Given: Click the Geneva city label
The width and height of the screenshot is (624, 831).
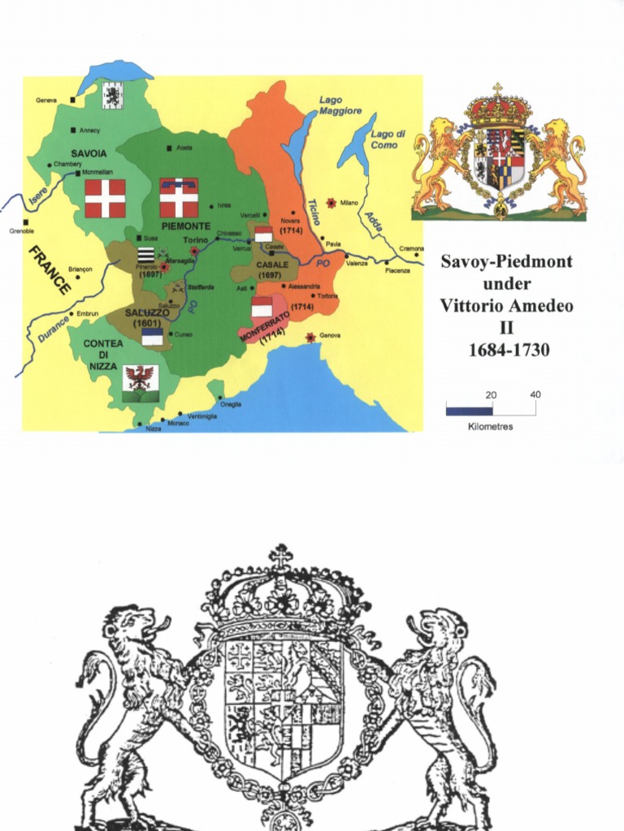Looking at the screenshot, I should click(46, 101).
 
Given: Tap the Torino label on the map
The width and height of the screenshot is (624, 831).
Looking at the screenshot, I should click(195, 240).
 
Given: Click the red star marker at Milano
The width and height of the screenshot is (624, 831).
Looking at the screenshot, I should click(331, 202).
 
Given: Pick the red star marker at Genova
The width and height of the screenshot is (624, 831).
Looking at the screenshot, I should click(310, 337).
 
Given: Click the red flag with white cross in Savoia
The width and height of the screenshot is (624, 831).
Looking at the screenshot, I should click(106, 198).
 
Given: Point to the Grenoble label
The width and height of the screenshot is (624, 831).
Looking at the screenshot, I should click(22, 231).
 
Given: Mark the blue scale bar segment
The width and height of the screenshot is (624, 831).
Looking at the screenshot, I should click(468, 411).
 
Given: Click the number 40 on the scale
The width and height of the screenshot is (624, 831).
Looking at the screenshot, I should click(535, 395).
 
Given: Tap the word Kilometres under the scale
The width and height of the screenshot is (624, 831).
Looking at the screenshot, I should click(491, 427).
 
